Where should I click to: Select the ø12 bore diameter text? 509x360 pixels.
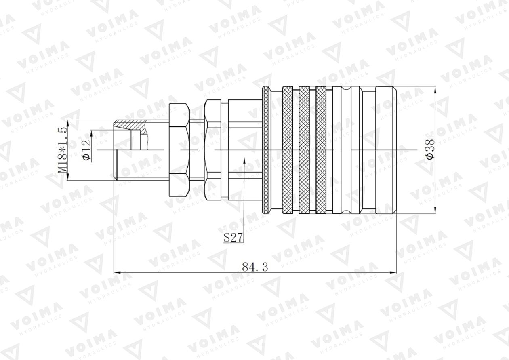(x=86, y=151)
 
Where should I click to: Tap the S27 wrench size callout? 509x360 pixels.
(x=233, y=238)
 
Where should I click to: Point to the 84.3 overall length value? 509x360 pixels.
(x=255, y=267)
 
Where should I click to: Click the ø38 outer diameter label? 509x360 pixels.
(x=431, y=149)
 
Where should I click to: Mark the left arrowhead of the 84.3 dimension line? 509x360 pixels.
(x=117, y=273)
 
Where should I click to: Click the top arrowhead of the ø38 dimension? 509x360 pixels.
(x=435, y=90)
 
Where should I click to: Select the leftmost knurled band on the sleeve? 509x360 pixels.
(x=287, y=149)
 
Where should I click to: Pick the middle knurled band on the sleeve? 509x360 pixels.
(x=304, y=149)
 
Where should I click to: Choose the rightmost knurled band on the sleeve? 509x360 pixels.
(x=321, y=149)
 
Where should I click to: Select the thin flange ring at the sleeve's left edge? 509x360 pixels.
(x=266, y=149)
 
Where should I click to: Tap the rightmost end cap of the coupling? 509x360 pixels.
(x=386, y=149)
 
